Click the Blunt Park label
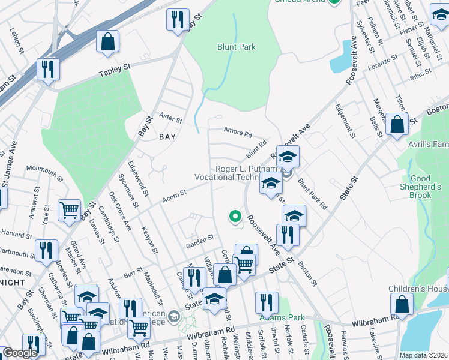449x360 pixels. point(237,47)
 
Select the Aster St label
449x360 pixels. point(170,115)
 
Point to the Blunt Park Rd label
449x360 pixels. point(313,194)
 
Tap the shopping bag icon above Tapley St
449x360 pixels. point(108,43)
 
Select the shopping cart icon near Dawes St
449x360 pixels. point(70,210)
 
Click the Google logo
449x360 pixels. point(20,353)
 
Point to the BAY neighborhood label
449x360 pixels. point(167,137)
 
